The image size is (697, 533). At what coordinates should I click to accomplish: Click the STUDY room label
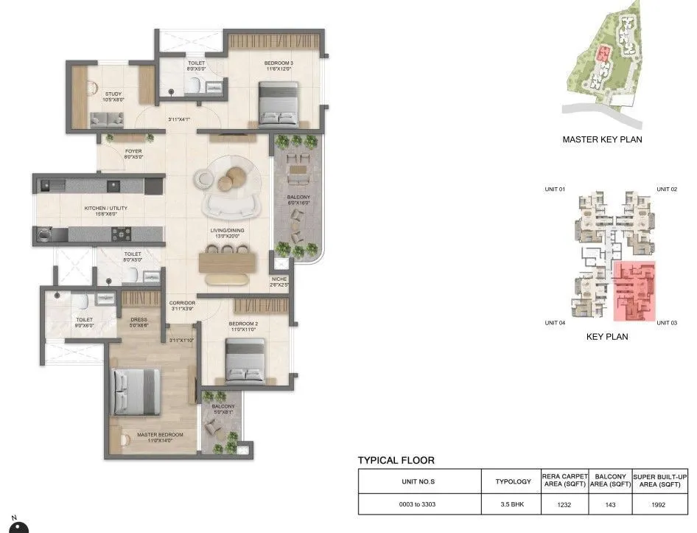[113, 94]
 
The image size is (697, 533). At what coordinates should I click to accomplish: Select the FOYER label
[133, 151]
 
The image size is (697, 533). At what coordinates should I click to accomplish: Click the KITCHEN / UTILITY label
[105, 209]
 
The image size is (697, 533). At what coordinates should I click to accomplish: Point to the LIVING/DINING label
[228, 231]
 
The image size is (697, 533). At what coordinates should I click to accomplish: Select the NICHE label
[279, 279]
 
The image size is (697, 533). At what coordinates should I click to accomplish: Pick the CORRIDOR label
[181, 303]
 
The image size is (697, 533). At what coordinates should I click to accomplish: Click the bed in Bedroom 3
[278, 104]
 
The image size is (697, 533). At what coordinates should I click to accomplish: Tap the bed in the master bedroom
[136, 391]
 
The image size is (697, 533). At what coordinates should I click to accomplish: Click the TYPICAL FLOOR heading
[396, 460]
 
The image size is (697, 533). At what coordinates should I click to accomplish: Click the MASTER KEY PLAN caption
[602, 139]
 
